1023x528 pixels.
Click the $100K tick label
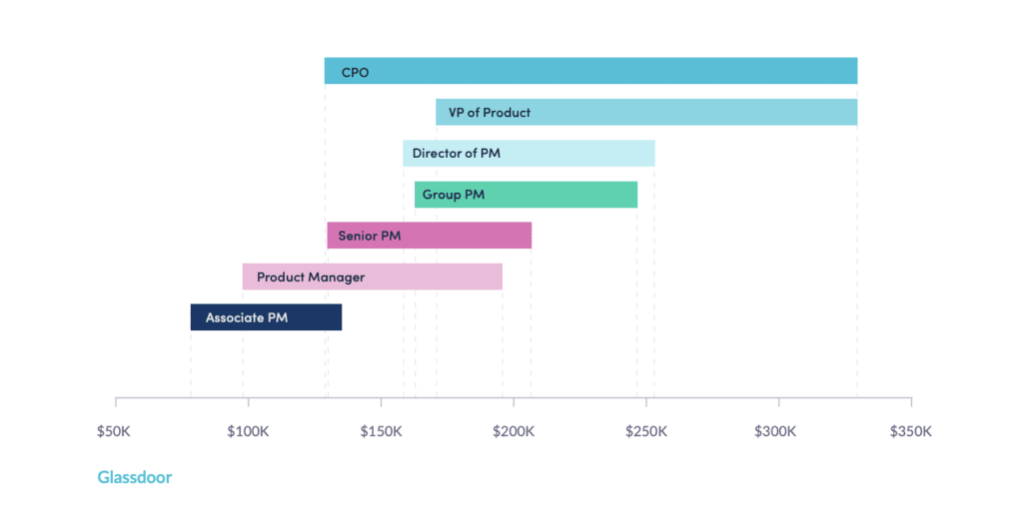pos(247,431)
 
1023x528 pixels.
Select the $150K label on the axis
pos(381,431)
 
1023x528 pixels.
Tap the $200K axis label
pos(513,431)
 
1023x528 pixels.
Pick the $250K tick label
pos(645,431)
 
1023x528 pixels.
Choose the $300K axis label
pos(778,431)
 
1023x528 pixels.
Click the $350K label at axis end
pos(910,431)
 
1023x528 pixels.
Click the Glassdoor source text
pos(135,477)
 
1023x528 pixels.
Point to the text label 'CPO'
pos(356,72)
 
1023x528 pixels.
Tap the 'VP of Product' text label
pos(490,113)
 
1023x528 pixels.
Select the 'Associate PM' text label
pos(247,317)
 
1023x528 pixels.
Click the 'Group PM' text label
pos(454,195)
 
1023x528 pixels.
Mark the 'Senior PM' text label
pos(370,236)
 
